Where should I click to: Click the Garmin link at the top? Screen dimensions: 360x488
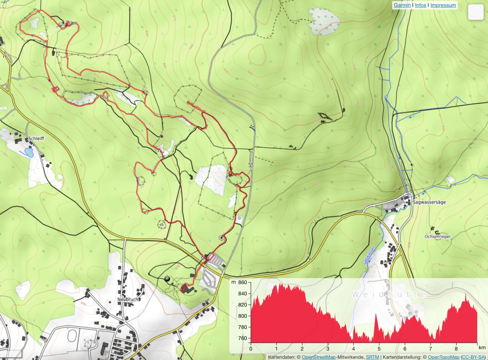click(402, 5)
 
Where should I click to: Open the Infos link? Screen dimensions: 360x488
click(420, 5)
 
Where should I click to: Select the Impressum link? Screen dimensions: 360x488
click(443, 5)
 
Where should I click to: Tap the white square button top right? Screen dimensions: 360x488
click(476, 12)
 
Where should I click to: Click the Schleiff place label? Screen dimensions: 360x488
click(36, 138)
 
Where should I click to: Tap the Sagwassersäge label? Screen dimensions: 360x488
click(429, 202)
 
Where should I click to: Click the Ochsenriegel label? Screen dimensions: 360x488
click(437, 237)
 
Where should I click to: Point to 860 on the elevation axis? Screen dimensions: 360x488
click(242, 283)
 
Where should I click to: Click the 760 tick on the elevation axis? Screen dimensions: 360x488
click(242, 338)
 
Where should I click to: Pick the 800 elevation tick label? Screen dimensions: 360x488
click(242, 316)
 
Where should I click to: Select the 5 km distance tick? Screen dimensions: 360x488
click(379, 349)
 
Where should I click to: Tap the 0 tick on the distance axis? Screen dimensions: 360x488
click(251, 349)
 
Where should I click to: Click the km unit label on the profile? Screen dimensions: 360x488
click(482, 348)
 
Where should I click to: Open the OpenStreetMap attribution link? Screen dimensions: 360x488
click(319, 357)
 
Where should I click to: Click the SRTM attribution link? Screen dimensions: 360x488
click(372, 357)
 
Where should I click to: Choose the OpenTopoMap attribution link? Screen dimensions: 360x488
click(443, 357)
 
